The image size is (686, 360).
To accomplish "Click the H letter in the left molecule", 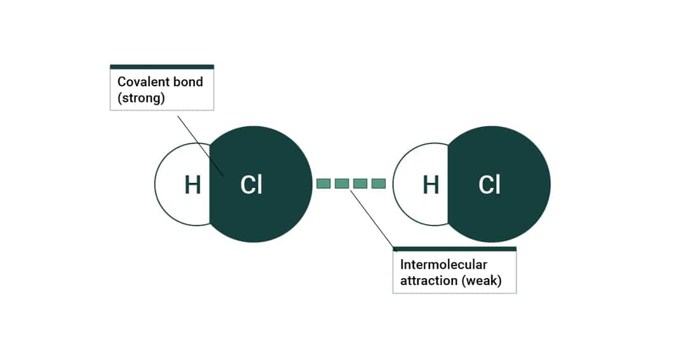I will pyautogui.click(x=192, y=185).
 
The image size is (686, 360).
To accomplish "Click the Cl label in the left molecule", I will pyautogui.click(x=251, y=185).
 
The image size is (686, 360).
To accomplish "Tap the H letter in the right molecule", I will pyautogui.click(x=431, y=185).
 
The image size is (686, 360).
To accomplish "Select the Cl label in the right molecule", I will pyautogui.click(x=489, y=185).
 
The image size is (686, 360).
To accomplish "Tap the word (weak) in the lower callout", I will pyautogui.click(x=478, y=281).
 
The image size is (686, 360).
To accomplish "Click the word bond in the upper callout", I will pyautogui.click(x=188, y=82).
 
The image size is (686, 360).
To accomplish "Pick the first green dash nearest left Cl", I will pyautogui.click(x=324, y=183).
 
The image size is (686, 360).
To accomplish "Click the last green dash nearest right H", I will pyautogui.click(x=379, y=183).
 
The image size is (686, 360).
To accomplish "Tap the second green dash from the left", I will pyautogui.click(x=342, y=183).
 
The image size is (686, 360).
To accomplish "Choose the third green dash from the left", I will pyautogui.click(x=360, y=183).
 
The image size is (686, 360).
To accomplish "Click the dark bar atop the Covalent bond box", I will pyautogui.click(x=162, y=67).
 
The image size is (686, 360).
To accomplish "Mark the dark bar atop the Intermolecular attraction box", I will pyautogui.click(x=454, y=249).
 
